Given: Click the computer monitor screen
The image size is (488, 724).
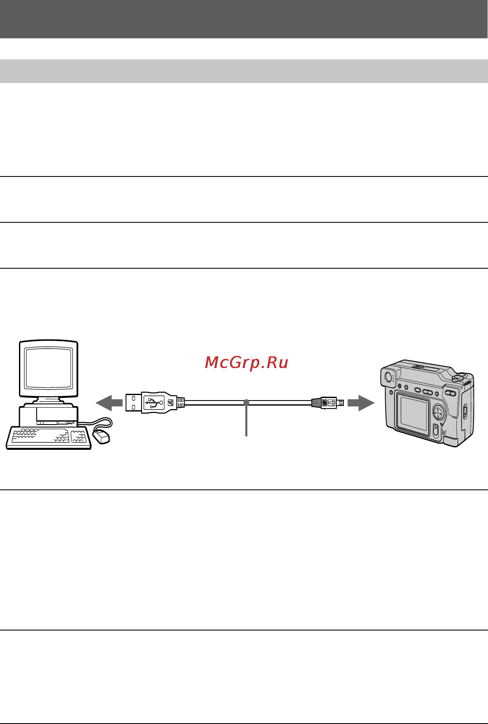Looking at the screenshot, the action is [48, 367].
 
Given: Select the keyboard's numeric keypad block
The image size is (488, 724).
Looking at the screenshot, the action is [79, 436].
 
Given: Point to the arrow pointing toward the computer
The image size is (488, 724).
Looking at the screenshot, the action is [109, 403].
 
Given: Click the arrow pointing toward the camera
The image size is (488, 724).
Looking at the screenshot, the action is [361, 403].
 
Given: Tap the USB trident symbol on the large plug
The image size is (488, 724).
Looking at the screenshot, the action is [154, 403].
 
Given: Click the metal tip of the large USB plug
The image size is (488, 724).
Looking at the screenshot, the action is [133, 403].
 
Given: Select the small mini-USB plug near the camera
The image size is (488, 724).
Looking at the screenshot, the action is [327, 403].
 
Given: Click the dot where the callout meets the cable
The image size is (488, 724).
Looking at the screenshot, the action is [247, 403].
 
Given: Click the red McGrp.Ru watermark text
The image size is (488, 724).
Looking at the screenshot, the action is [247, 362].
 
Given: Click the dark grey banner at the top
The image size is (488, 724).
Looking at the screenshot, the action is [244, 19].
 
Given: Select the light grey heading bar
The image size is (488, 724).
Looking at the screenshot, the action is [244, 71].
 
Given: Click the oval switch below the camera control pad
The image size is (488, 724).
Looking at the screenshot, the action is [436, 430].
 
